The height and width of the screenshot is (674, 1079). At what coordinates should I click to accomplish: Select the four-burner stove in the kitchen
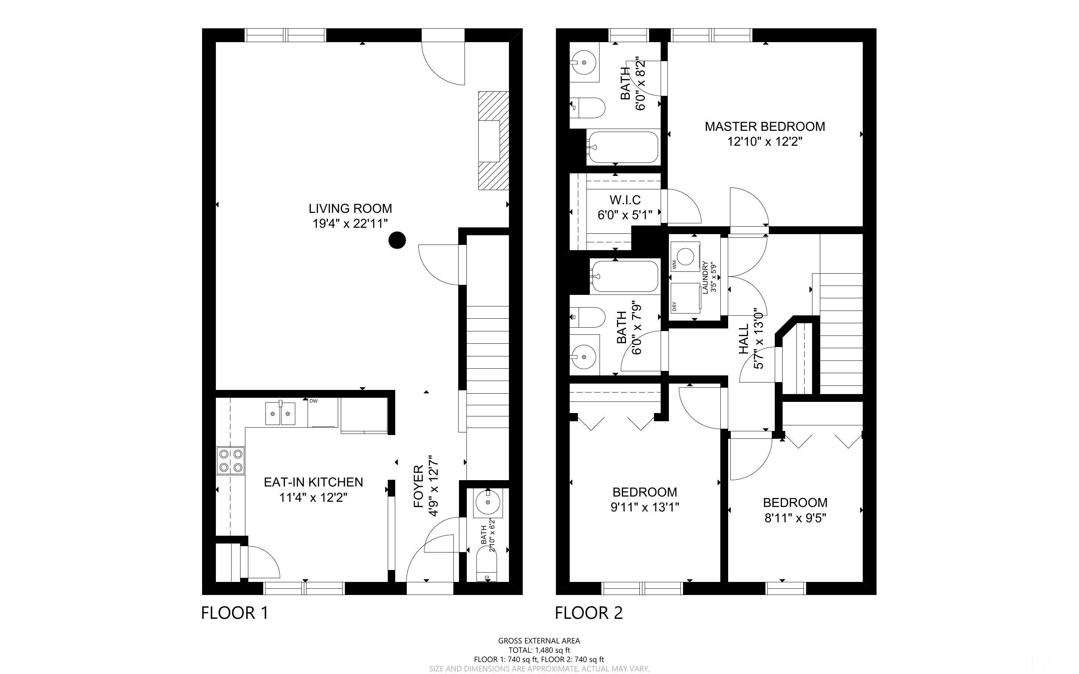point(230,460)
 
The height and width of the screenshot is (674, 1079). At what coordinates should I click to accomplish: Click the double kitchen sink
point(280,413)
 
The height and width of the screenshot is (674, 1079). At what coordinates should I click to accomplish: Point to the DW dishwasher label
point(313,401)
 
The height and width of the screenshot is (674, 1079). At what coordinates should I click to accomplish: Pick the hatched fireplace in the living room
point(493,141)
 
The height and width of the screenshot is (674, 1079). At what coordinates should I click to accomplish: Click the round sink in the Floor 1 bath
point(488,503)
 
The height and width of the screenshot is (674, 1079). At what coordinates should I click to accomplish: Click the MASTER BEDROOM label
point(765,127)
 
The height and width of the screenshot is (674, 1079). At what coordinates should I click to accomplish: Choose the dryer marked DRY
point(685,298)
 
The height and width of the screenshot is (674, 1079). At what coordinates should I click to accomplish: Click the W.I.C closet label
point(625,200)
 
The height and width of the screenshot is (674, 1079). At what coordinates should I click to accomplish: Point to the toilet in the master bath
point(588,108)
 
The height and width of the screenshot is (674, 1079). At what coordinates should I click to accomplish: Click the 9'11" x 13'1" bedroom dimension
point(645,507)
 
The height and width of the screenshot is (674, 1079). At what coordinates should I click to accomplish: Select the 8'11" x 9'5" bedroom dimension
point(796,518)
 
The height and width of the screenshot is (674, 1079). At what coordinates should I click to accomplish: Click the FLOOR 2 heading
point(589,613)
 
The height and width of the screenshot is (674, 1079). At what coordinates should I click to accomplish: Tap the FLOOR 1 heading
point(235,613)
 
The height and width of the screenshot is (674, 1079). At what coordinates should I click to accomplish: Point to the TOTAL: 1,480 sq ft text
point(539,650)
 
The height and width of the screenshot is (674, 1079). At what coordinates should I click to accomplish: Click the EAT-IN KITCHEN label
point(313,482)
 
